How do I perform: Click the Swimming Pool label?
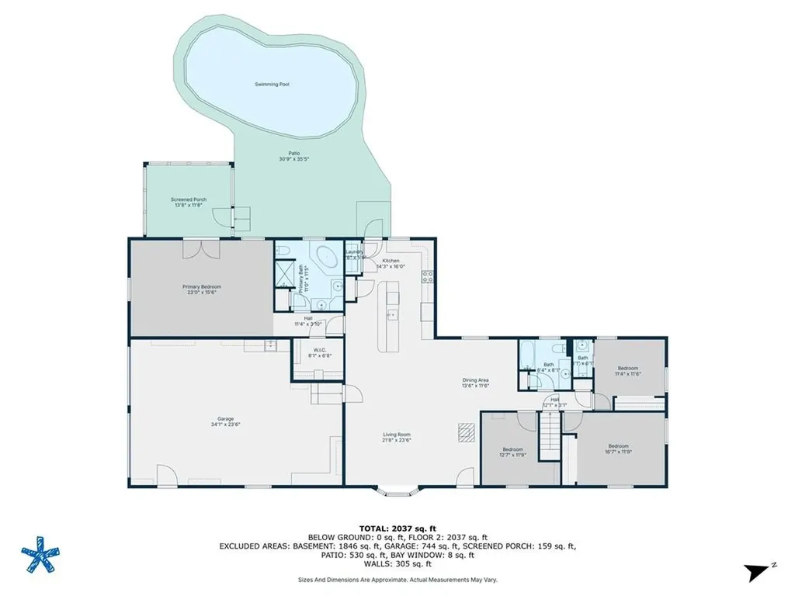(x=273, y=84)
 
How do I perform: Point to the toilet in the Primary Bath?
(x=283, y=251)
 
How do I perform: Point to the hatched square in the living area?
(x=464, y=431)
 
